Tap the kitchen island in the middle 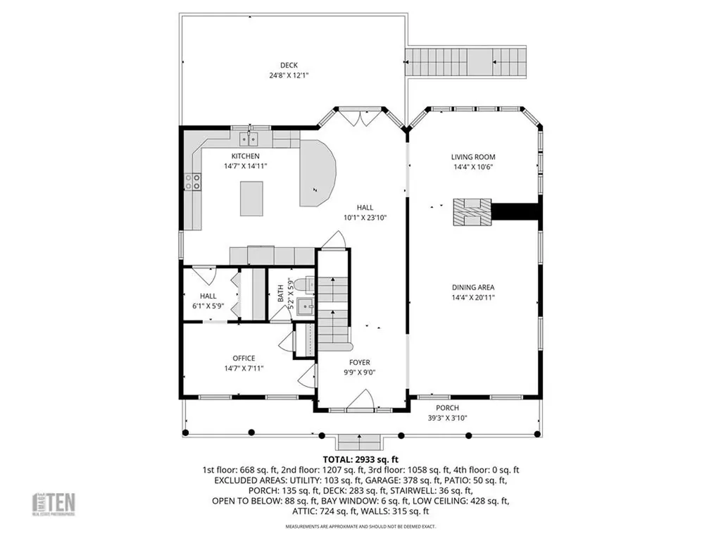(254, 198)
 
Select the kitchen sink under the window (249, 139)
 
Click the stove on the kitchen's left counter (192, 182)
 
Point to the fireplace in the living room (471, 212)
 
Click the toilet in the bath (303, 285)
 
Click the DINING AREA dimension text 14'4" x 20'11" (473, 297)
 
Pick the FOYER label (359, 363)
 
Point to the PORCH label (447, 408)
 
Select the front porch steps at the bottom (360, 442)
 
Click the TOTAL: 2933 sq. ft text (360, 459)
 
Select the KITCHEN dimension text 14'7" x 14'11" (245, 166)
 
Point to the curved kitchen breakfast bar (317, 173)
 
